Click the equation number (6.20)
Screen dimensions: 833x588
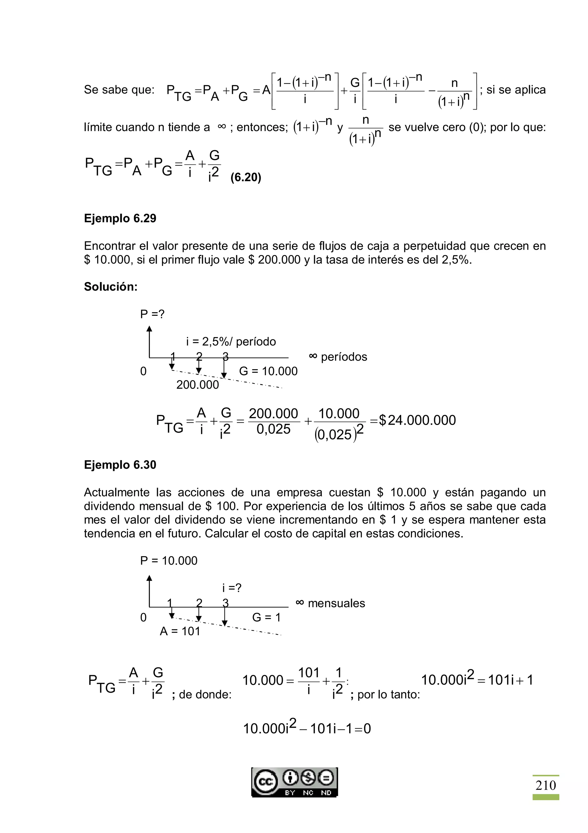click(246, 177)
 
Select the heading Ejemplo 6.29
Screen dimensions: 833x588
click(120, 219)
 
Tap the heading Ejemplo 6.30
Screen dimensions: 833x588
click(120, 465)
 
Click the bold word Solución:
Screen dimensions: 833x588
click(111, 287)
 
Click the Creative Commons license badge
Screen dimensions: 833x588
click(295, 782)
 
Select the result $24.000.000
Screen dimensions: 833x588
click(417, 420)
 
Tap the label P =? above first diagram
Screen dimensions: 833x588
click(152, 314)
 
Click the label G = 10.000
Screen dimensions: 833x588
click(268, 371)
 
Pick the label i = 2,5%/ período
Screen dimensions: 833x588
click(231, 341)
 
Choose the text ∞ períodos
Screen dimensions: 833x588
click(338, 357)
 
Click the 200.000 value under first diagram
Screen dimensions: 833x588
click(198, 384)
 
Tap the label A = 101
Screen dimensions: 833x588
click(180, 631)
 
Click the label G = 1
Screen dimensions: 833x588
click(266, 618)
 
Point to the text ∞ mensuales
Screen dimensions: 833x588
click(330, 603)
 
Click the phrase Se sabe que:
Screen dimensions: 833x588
click(119, 90)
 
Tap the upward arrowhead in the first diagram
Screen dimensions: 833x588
click(149, 329)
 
